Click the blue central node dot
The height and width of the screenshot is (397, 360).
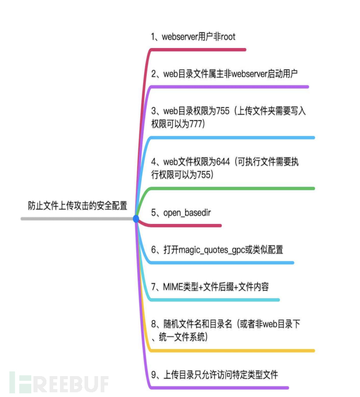pos(136,219)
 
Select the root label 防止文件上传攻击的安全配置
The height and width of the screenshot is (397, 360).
pos(77,206)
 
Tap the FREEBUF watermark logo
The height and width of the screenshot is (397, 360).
pos(59,382)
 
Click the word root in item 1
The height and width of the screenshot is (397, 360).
pos(228,37)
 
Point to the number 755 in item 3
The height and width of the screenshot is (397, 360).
pos(222,111)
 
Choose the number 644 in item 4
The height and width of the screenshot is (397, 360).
pos(222,162)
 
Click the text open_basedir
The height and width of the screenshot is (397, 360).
pos(187,213)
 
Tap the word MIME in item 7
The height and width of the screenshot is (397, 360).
pos(173,287)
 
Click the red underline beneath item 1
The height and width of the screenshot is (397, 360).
pos(198,50)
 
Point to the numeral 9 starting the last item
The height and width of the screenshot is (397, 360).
pos(153,375)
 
